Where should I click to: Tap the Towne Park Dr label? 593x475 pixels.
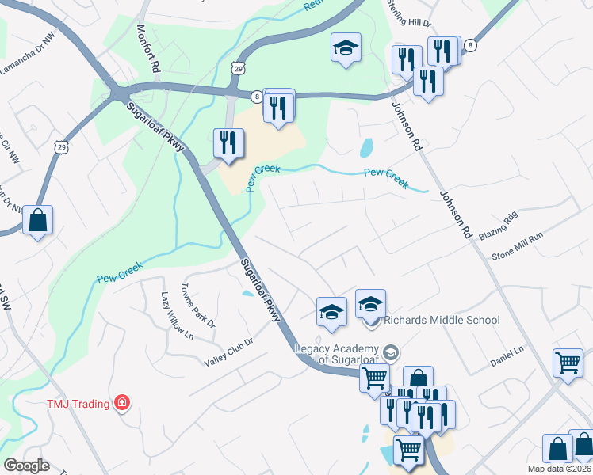(x=198, y=306)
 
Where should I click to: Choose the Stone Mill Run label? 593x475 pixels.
(x=518, y=245)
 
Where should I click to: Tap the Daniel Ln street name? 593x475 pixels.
(x=507, y=355)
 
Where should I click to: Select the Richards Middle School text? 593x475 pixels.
(x=442, y=320)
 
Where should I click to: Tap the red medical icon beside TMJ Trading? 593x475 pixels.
(x=121, y=403)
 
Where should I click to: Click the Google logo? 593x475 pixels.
(x=25, y=465)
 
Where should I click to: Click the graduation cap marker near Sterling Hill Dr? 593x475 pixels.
(x=346, y=47)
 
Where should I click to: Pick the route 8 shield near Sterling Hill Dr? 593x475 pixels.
(x=471, y=46)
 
